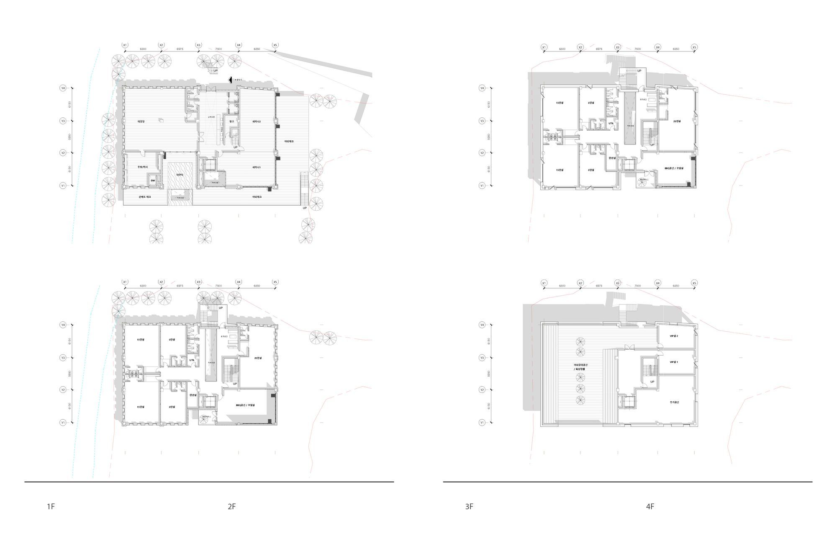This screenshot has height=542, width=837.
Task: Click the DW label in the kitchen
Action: pyautogui.click(x=153, y=181)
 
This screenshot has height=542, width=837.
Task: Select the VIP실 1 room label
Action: pyautogui.click(x=674, y=362)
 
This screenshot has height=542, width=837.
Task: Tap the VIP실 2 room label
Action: pyautogui.click(x=674, y=336)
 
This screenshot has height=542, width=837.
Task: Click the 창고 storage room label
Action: pyautogui.click(x=231, y=121)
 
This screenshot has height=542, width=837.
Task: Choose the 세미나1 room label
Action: pyautogui.click(x=257, y=167)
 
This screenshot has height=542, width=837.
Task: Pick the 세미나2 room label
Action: pyautogui.click(x=257, y=121)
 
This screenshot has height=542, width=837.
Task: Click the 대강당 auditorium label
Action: pyautogui.click(x=141, y=121)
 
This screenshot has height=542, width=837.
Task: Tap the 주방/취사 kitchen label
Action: pyautogui.click(x=143, y=167)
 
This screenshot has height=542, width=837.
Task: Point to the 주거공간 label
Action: pyautogui.click(x=674, y=402)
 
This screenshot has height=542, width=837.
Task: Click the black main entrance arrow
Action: pyautogui.click(x=230, y=80)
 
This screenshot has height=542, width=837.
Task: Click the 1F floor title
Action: pyautogui.click(x=51, y=507)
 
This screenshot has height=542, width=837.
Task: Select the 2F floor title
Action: pyautogui.click(x=232, y=507)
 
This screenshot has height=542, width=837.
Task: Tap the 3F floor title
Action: pyautogui.click(x=469, y=507)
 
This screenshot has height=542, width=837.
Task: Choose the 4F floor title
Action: pyautogui.click(x=650, y=507)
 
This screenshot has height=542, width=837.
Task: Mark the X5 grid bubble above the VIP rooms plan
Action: pyautogui.click(x=694, y=283)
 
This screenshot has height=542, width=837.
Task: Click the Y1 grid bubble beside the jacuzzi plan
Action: pyautogui.click(x=63, y=185)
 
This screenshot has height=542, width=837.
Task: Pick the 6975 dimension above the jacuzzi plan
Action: pyautogui.click(x=180, y=49)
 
